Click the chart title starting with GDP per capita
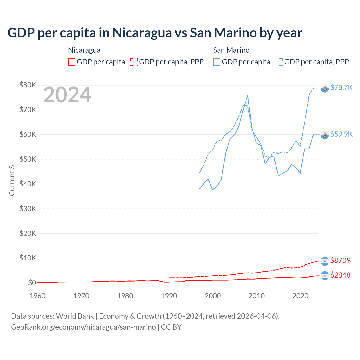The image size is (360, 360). [x=155, y=33]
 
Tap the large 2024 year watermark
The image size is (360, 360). [x=67, y=95]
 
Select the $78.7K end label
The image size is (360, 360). [x=341, y=88]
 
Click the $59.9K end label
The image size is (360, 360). [x=341, y=134]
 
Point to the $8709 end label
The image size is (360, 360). [x=340, y=260]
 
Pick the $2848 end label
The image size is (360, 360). [x=340, y=275]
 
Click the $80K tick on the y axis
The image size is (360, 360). [x=28, y=85]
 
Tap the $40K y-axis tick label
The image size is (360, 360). [x=28, y=184]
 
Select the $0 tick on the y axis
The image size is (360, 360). [x=32, y=283]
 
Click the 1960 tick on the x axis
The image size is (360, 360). [x=37, y=296]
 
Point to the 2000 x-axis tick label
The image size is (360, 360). [x=213, y=296]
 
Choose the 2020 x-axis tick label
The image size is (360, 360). [x=300, y=296]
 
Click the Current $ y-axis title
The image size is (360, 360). [x=12, y=180]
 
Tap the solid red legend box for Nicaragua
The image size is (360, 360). [x=72, y=62]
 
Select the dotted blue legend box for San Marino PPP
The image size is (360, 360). [x=279, y=62]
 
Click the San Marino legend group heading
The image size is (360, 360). [x=231, y=50]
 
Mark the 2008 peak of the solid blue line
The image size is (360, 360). [x=247, y=95]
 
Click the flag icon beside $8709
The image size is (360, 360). [x=325, y=261]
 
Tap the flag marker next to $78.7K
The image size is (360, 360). [x=325, y=88]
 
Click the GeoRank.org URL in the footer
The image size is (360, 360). [x=83, y=327]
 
